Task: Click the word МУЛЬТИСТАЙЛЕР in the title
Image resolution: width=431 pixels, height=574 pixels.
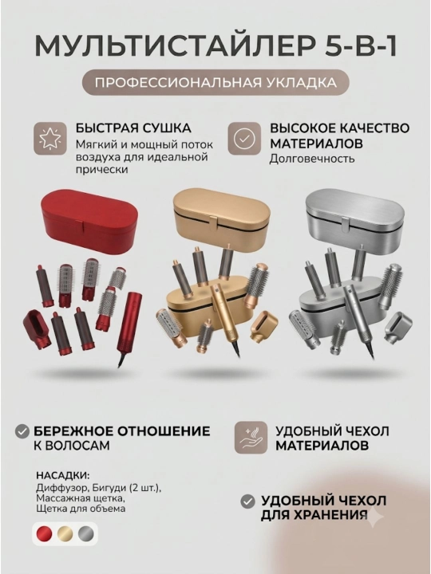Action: point(174,45)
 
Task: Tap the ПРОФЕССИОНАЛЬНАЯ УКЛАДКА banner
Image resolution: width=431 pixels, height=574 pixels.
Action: point(215,82)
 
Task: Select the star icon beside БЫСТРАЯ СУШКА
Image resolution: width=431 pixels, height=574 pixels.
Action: point(50,139)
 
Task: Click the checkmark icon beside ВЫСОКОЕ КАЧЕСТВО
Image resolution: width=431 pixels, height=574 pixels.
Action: point(244,139)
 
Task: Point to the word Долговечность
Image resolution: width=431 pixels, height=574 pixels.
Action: point(312,159)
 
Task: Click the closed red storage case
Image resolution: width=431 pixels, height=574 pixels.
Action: point(89,219)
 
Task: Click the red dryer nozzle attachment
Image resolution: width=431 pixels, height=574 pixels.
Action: point(37,328)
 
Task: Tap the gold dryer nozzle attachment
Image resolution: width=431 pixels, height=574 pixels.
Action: point(263,325)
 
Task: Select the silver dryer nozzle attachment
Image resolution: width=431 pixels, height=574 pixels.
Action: point(395,326)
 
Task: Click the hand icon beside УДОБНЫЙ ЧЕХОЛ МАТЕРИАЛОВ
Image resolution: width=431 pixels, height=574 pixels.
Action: point(251,438)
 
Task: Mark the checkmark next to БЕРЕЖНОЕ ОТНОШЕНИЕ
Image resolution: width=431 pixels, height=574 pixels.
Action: point(22,431)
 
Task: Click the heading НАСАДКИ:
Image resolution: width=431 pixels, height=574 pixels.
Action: point(63,475)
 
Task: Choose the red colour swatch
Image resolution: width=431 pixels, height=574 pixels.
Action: point(45,534)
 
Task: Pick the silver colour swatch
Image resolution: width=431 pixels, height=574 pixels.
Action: point(85,534)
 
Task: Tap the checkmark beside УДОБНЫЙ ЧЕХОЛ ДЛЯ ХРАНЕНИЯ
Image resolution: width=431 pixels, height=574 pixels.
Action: point(247,501)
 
